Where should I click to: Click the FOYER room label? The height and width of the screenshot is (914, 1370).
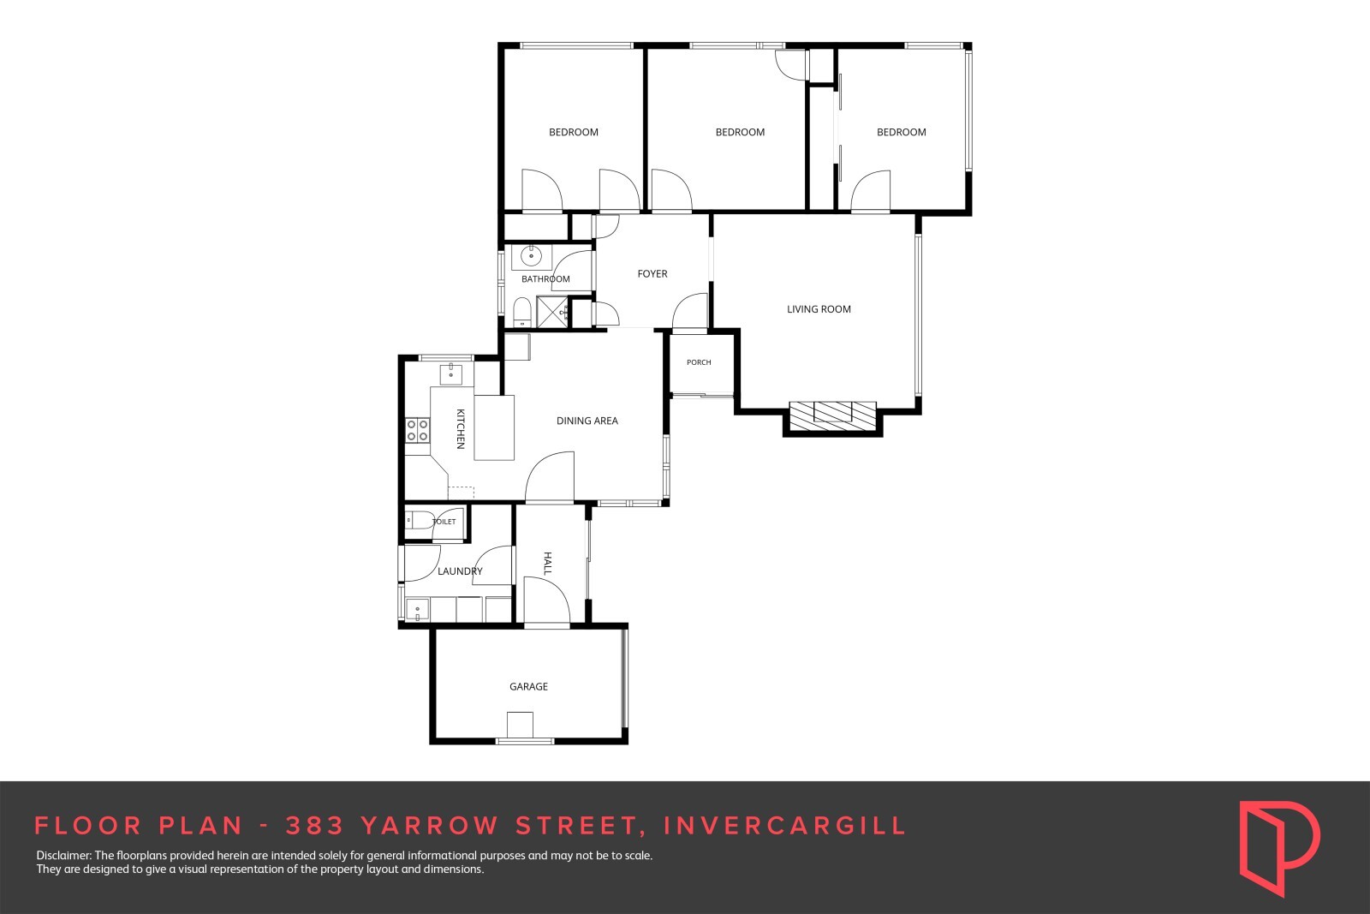[652, 273]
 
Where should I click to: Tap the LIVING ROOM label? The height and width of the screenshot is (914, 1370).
[819, 309]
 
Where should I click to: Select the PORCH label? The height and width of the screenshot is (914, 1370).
[699, 362]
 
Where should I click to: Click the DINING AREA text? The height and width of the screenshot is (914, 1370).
[587, 421]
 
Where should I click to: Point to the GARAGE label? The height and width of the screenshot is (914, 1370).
[528, 686]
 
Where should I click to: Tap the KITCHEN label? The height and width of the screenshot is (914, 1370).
[461, 429]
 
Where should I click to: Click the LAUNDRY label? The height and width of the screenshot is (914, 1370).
[460, 571]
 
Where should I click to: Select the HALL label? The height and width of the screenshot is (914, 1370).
[547, 563]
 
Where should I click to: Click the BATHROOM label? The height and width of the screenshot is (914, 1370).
[545, 279]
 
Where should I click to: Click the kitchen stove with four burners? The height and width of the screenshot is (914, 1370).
[418, 430]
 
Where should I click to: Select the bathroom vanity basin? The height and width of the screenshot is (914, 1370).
[532, 256]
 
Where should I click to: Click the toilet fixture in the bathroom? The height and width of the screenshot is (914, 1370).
[521, 313]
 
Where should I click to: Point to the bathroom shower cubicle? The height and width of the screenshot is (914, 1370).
[552, 312]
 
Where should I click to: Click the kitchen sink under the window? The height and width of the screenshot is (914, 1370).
[450, 373]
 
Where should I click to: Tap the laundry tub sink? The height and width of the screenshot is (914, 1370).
[418, 609]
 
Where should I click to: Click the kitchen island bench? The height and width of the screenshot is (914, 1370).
[493, 427]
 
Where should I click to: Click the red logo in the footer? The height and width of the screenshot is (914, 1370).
[1279, 847]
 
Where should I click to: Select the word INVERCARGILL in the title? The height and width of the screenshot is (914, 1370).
[784, 826]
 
